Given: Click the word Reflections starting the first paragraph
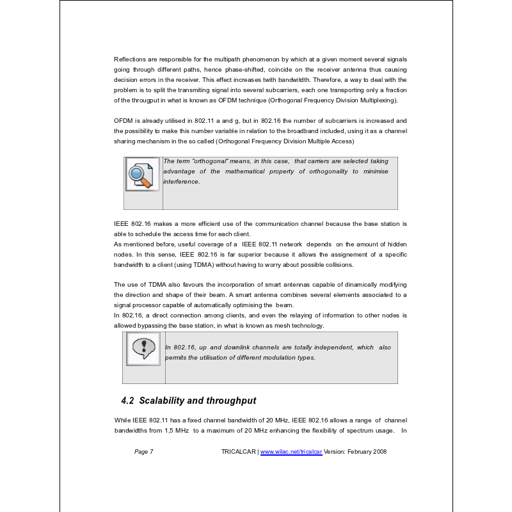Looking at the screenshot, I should (x=129, y=59).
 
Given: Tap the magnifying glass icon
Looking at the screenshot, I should (x=142, y=174).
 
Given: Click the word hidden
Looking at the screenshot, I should (x=395, y=244).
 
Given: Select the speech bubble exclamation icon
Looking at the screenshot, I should (x=143, y=349).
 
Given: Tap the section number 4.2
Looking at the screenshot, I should (x=127, y=401).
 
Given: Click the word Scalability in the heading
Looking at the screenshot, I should (x=163, y=401).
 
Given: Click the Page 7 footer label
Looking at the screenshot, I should (x=144, y=452).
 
